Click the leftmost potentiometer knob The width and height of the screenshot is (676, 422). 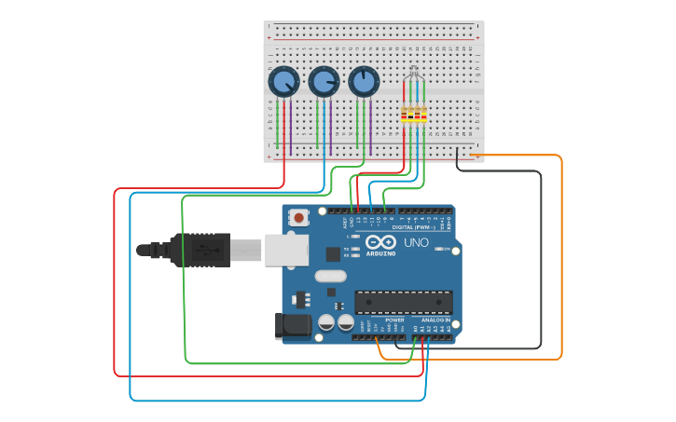283,82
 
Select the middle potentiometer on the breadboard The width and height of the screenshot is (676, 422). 324,82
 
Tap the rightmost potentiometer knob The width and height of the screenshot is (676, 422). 364,82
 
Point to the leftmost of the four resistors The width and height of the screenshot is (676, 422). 404,116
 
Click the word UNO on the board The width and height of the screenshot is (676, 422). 416,242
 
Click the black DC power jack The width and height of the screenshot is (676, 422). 292,325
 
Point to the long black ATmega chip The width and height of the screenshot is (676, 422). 403,302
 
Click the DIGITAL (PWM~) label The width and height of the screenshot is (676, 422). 416,226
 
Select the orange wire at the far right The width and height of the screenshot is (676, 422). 561,261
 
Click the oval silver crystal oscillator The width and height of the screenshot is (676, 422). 330,276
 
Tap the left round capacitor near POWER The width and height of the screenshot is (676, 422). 326,322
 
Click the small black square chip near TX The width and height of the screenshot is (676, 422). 333,253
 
